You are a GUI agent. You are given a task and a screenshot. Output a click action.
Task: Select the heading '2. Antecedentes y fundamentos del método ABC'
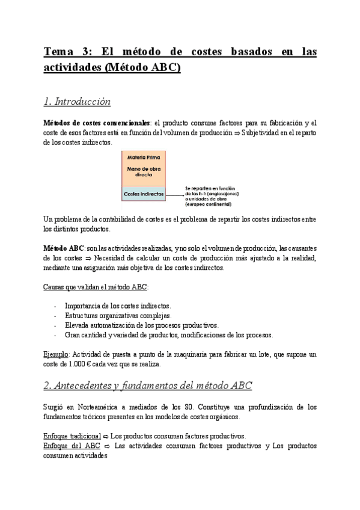coord(148,385)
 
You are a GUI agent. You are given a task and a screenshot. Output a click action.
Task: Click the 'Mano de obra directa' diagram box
coord(144,173)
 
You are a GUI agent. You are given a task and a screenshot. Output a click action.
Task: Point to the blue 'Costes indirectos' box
coord(143,194)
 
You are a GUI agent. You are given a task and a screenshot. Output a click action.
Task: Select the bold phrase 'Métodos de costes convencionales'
coord(94,123)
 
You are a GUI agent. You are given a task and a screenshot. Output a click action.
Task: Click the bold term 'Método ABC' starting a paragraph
coord(64,248)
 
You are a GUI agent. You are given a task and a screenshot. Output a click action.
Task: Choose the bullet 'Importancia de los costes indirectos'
coord(117,306)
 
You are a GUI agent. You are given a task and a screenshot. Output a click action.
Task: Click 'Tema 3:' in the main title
coord(68,52)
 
